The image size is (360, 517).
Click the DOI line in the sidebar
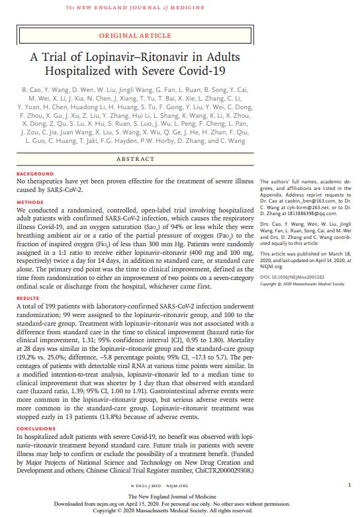294,277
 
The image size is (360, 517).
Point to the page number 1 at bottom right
349,485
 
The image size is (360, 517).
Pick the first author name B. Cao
32,89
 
